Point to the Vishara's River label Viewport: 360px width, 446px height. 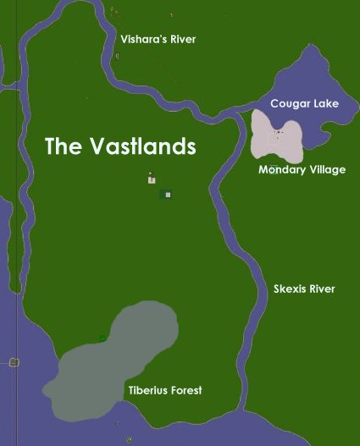(158, 39)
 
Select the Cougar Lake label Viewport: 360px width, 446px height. (304, 103)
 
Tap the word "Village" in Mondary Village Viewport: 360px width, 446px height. (325, 170)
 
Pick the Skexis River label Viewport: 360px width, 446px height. (304, 289)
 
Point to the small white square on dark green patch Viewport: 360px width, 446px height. (168, 195)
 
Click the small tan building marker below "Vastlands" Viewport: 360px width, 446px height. (151, 179)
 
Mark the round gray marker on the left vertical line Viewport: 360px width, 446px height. (14, 362)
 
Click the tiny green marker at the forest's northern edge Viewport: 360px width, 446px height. (102, 338)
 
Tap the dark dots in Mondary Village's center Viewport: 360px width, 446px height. (277, 132)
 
